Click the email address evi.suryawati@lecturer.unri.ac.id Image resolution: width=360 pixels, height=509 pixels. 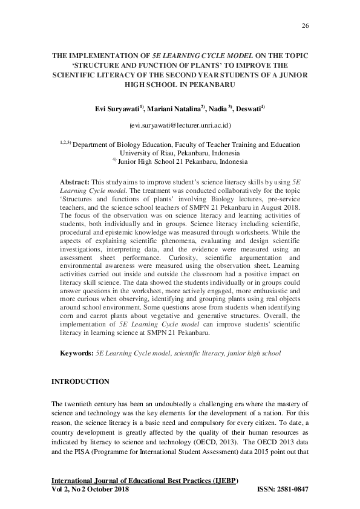pyautogui.click(x=180, y=125)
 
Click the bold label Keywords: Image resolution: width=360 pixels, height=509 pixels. pyautogui.click(x=77, y=352)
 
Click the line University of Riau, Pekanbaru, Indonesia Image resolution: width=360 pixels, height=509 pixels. pyautogui.click(x=180, y=154)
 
